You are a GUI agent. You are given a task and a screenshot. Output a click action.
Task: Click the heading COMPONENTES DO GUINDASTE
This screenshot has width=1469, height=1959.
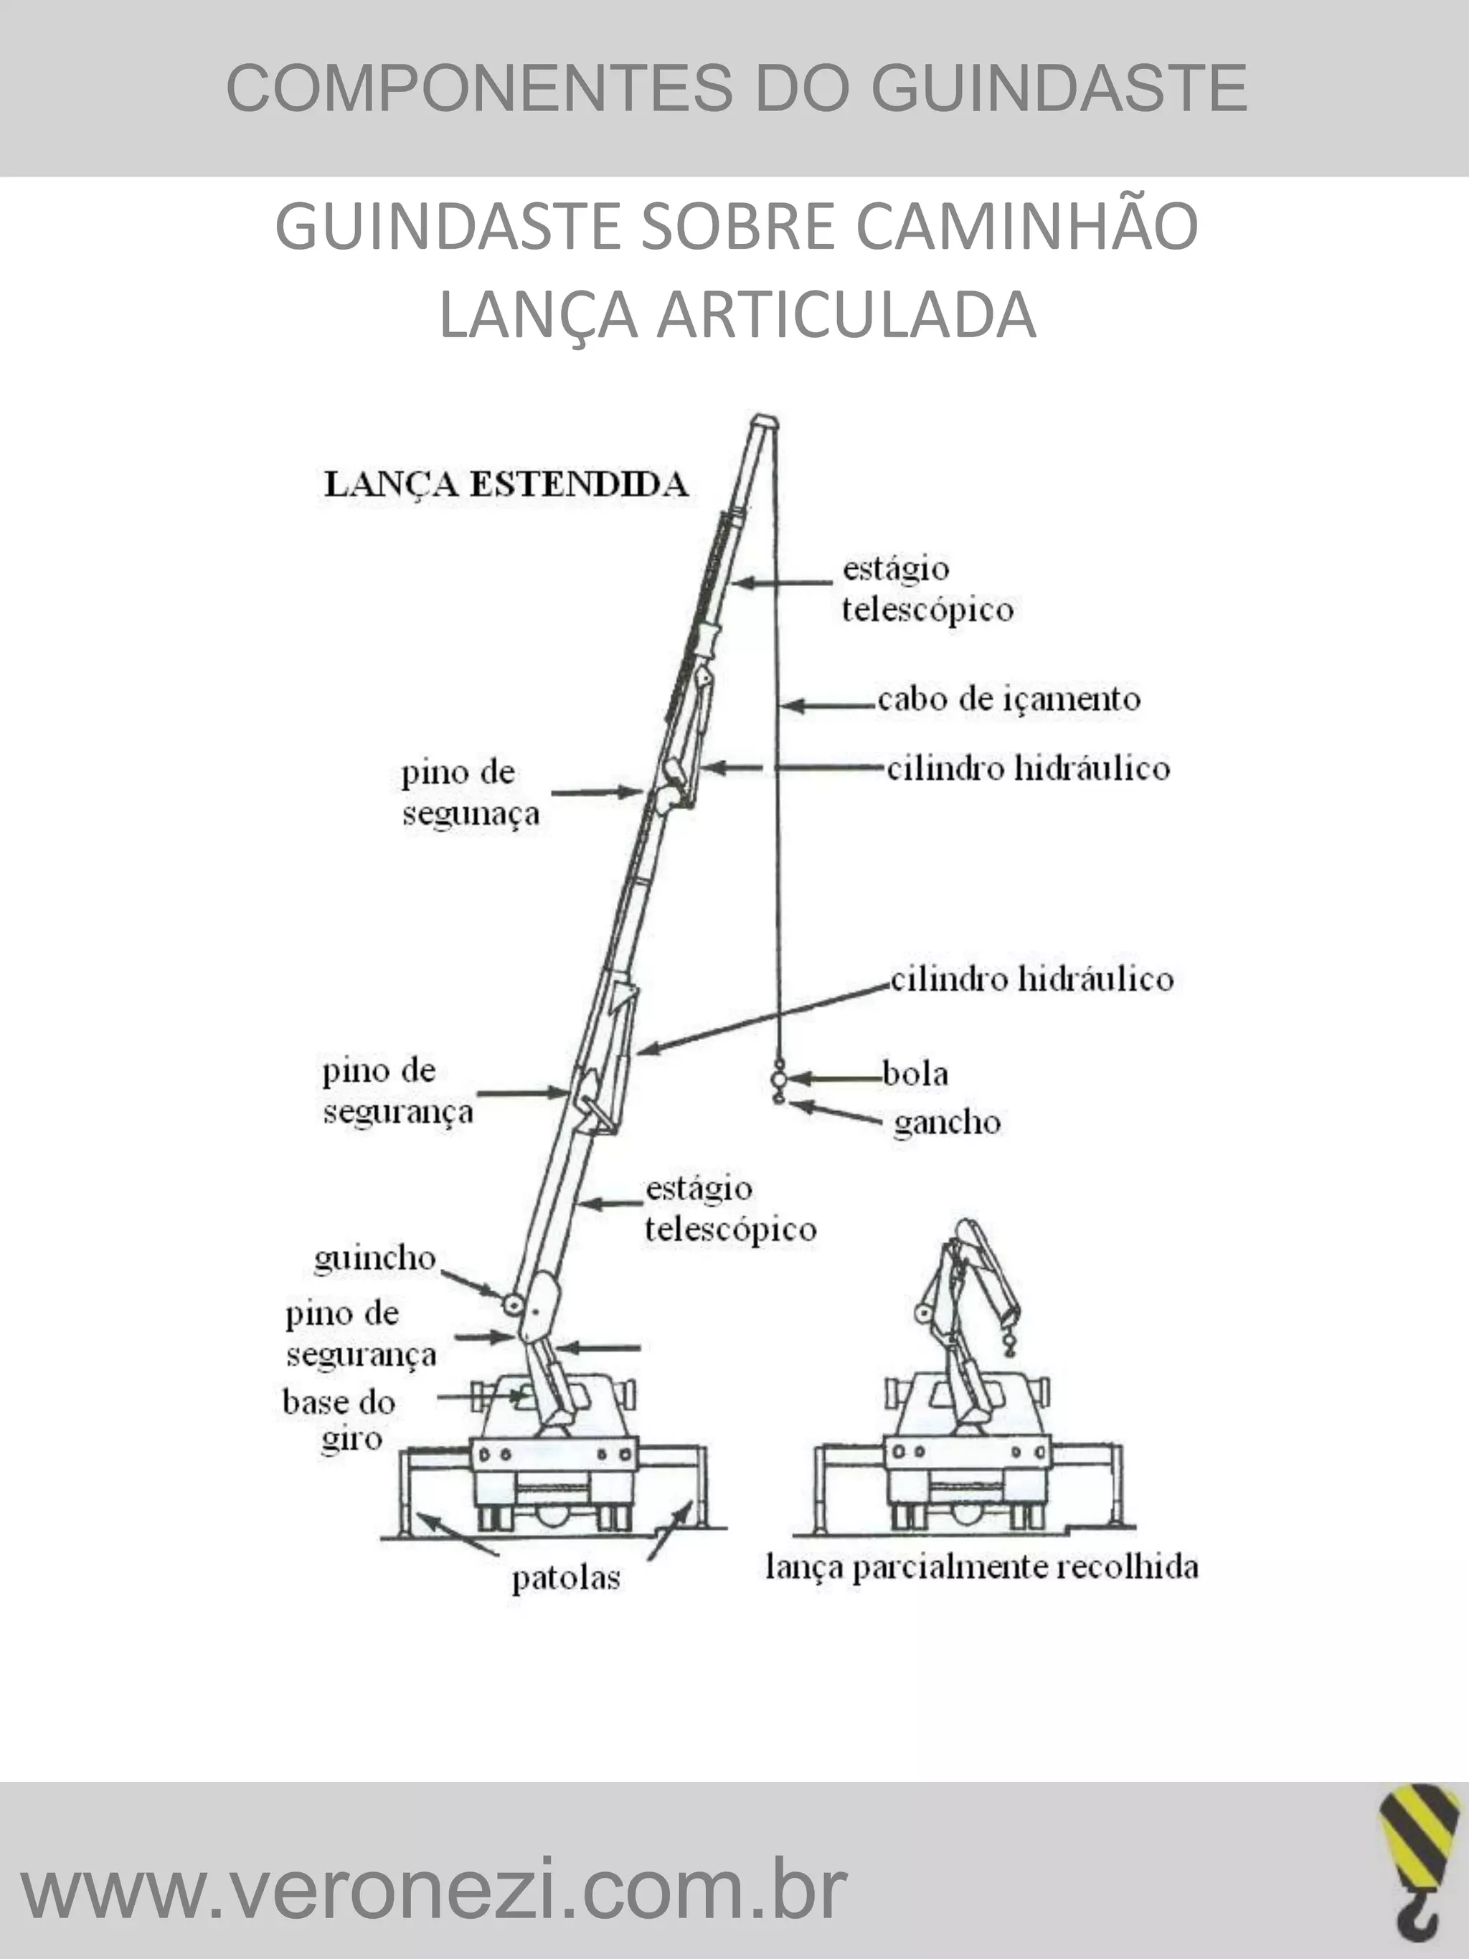[x=736, y=88]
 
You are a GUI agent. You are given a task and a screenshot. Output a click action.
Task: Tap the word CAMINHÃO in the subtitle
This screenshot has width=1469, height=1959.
[x=1026, y=227]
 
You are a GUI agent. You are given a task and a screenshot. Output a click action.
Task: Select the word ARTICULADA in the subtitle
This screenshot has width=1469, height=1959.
[x=846, y=316]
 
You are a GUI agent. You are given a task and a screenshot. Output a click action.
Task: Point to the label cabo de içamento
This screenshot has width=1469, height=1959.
[x=1009, y=699]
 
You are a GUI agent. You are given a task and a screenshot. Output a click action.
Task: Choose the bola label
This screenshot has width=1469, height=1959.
[x=915, y=1073]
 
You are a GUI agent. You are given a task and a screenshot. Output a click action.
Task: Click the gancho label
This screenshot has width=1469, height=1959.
[x=947, y=1123]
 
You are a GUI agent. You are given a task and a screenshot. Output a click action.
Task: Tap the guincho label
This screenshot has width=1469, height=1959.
[x=374, y=1258]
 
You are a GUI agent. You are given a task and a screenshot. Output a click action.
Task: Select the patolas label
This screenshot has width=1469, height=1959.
[x=566, y=1577]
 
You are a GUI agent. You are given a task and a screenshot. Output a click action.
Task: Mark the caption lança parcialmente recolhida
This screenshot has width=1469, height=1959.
[x=981, y=1567]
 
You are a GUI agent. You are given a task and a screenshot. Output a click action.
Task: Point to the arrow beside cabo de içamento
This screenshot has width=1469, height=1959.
[x=828, y=706]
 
